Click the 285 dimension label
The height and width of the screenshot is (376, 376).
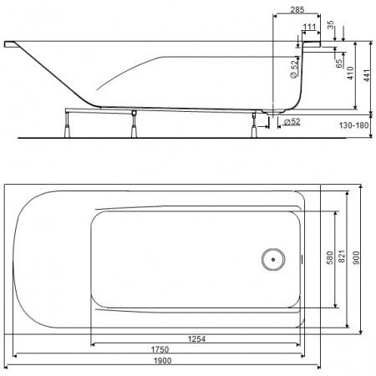(x=297, y=9)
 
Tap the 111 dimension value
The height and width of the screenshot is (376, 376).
(x=309, y=27)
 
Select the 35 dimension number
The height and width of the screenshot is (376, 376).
(x=330, y=25)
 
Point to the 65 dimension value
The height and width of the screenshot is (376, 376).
(x=339, y=64)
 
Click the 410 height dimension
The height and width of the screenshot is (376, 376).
(x=351, y=73)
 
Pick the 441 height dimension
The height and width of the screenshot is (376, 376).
(x=367, y=75)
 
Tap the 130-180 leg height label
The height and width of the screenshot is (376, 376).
(x=353, y=125)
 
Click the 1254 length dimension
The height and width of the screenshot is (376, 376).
(x=196, y=339)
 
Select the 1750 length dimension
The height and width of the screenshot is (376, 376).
(x=160, y=349)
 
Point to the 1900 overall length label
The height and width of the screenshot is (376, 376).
(x=163, y=361)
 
